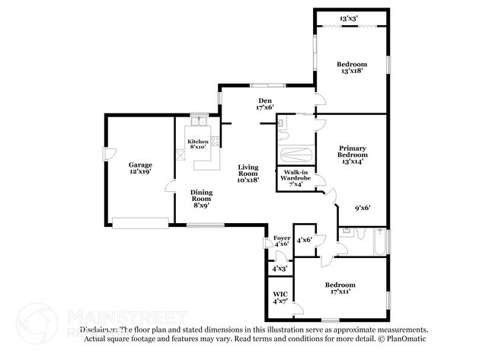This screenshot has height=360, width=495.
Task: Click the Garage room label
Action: pyautogui.click(x=139, y=168)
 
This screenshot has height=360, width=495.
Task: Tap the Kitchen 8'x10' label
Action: pyautogui.click(x=198, y=144)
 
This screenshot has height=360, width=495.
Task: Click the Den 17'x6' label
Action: pyautogui.click(x=264, y=104)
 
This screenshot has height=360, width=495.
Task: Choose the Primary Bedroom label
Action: pyautogui.click(x=352, y=154)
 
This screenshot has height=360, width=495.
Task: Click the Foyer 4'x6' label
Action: pyautogui.click(x=282, y=241)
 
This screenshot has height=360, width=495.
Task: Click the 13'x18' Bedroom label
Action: pyautogui.click(x=352, y=67)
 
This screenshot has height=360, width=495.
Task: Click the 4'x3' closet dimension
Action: pyautogui.click(x=280, y=268)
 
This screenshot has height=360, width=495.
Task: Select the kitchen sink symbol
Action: pyautogui.click(x=199, y=122)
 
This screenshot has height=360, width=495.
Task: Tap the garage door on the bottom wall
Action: pyautogui.click(x=139, y=222)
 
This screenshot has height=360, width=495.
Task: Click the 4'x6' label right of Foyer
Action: pyautogui.click(x=305, y=240)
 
